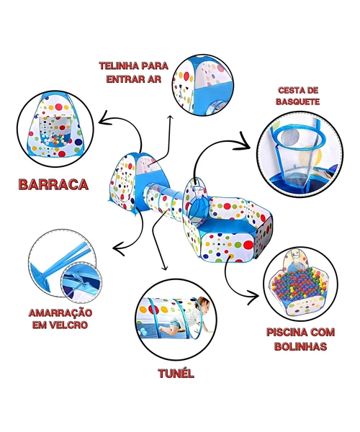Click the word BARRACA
[53, 184]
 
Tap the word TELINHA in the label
[118, 66]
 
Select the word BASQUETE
[298, 102]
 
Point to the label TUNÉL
[176, 373]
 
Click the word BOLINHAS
[300, 346]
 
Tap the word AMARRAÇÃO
[60, 313]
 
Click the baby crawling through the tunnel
[191, 316]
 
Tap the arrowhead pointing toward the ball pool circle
[253, 297]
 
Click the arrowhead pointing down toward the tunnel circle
[165, 267]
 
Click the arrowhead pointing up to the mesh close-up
[171, 119]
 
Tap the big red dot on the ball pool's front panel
[248, 245]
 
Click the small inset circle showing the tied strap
[81, 282]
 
